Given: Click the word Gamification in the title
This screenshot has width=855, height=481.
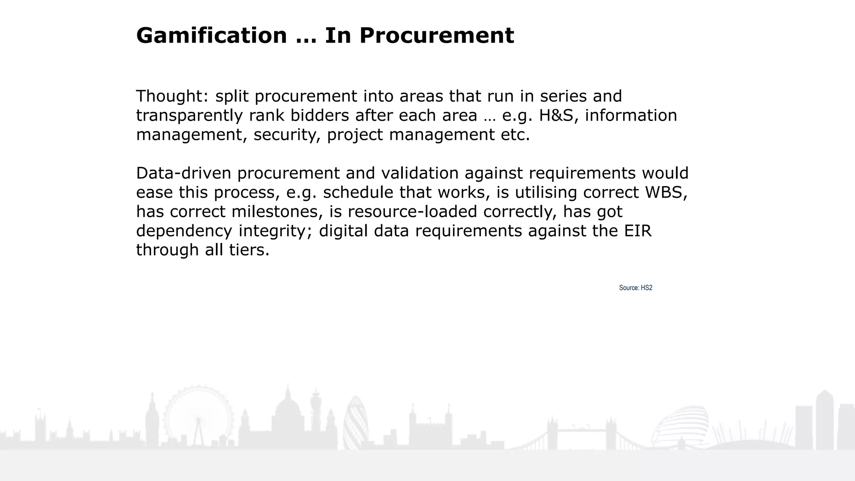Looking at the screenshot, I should click(x=211, y=35).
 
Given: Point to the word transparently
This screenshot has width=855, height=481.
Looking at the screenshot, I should click(x=189, y=116).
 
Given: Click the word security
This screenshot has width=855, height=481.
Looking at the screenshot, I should click(x=287, y=135).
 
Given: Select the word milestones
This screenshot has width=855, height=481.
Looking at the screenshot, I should click(x=277, y=212).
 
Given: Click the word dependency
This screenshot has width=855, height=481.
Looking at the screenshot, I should click(x=184, y=231).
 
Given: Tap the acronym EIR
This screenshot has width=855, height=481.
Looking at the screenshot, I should click(x=638, y=231).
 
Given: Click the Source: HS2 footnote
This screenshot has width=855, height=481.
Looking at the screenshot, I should click(x=635, y=288).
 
